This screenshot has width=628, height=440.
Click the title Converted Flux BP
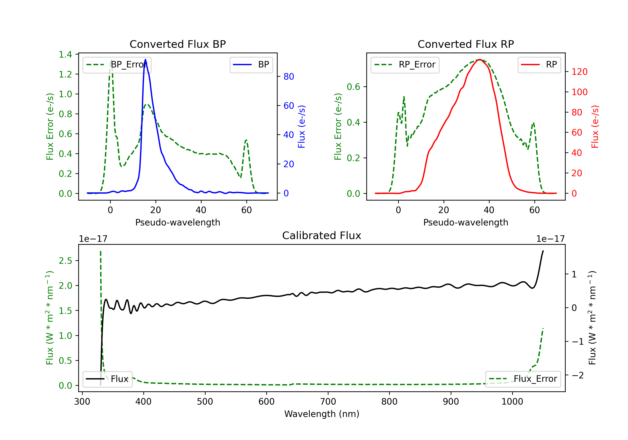pyautogui.click(x=178, y=44)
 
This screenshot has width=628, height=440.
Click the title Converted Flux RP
pyautogui.click(x=466, y=44)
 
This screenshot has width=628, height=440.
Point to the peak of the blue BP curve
pyautogui.click(x=145, y=60)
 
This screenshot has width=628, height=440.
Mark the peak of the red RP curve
pyautogui.click(x=480, y=60)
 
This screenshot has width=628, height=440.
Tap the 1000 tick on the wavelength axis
pyautogui.click(x=512, y=402)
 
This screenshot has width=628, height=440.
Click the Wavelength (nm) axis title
pyautogui.click(x=322, y=414)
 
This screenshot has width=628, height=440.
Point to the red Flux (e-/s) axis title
pyautogui.click(x=595, y=127)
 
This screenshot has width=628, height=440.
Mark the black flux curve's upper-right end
pyautogui.click(x=543, y=251)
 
